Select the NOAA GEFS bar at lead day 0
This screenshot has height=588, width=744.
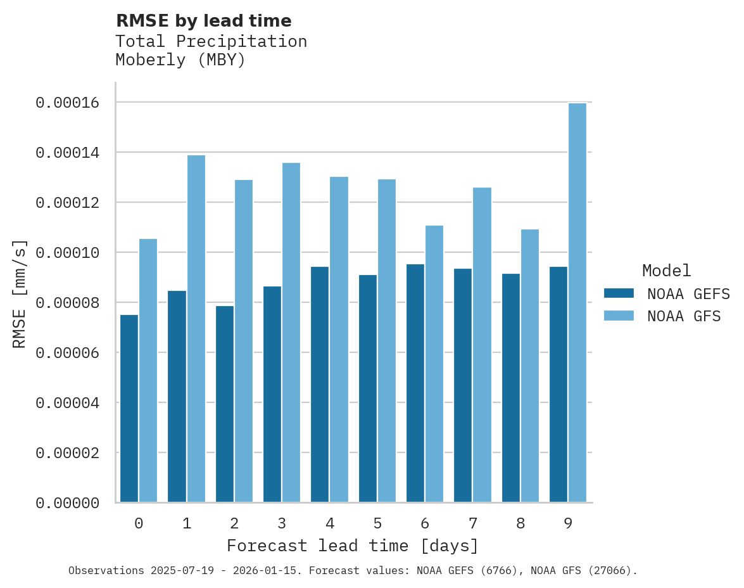tap(129, 409)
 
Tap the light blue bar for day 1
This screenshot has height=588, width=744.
tap(196, 329)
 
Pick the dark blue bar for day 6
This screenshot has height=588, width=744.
tap(415, 383)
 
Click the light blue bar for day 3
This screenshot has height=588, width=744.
tap(291, 333)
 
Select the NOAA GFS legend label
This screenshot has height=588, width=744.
tap(684, 316)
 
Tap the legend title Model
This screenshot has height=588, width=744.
tap(666, 271)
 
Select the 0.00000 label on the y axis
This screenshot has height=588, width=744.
tap(68, 503)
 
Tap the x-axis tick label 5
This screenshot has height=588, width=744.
tap(377, 523)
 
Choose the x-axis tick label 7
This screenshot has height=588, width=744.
tap(473, 523)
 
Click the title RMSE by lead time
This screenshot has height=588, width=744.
tap(203, 21)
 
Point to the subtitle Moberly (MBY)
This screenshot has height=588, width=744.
tap(180, 60)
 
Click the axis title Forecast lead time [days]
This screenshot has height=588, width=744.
tap(353, 546)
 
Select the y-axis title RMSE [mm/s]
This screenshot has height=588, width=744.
tap(20, 294)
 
